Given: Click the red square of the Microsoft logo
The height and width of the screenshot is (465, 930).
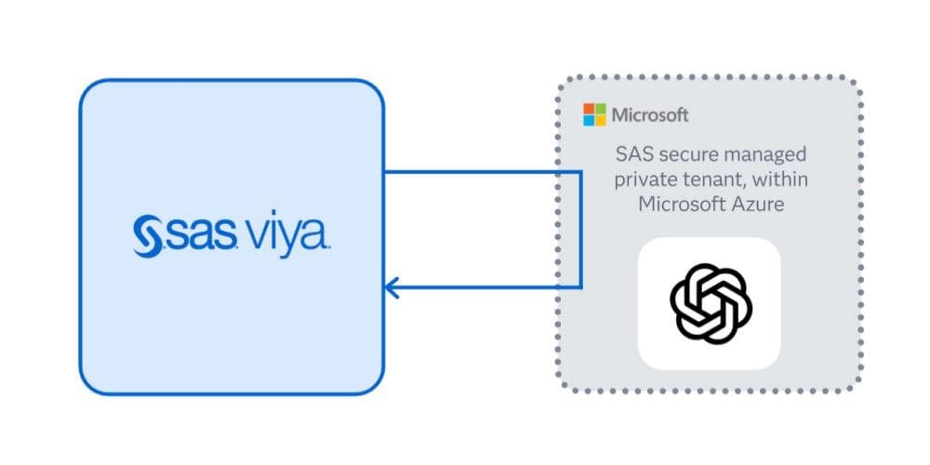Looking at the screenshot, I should tap(589, 109).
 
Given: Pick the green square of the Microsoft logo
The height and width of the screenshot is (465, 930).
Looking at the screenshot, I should tap(600, 109).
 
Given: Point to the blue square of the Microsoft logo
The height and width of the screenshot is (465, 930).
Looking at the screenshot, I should tap(589, 120).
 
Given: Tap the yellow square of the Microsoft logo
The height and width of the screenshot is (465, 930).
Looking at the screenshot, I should tap(600, 120).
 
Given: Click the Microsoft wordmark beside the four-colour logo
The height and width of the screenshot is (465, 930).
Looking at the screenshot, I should tap(650, 115).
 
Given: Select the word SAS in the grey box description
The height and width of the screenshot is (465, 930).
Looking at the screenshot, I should tap(634, 153).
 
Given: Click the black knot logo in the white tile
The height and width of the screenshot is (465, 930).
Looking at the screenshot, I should tap(709, 302).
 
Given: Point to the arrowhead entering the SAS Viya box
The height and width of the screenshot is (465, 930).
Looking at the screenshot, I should tap(392, 287).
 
